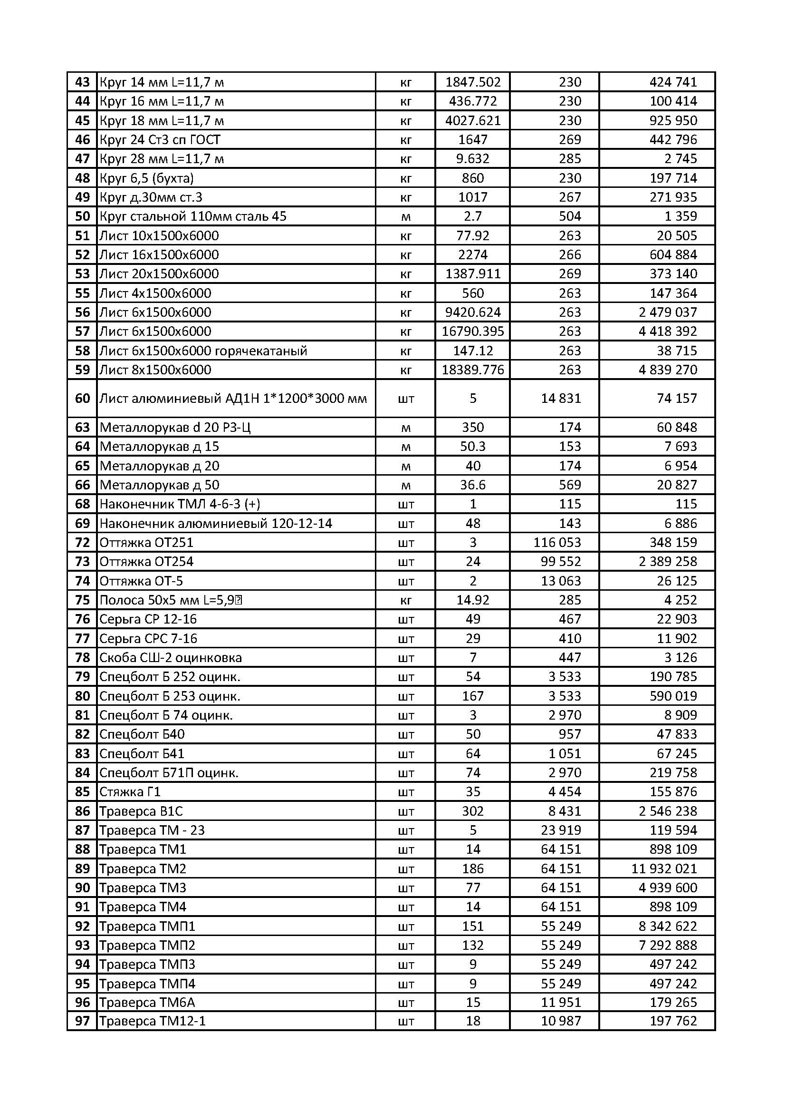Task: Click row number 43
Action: [82, 82]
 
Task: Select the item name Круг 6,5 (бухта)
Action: [147, 178]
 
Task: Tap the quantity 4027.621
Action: [472, 121]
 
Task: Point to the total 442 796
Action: [673, 139]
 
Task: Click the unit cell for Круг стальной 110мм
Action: [405, 216]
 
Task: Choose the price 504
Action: [570, 216]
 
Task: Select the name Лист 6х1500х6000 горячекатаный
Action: [203, 351]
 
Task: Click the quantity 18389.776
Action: [472, 370]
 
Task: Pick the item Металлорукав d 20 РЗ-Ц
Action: [175, 427]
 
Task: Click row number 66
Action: [82, 485]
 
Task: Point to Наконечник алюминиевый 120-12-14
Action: [216, 524]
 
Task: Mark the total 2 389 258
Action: [667, 562]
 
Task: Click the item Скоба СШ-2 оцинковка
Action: [171, 658]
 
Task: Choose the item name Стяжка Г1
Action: [130, 792]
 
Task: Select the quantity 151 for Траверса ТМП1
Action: [472, 926]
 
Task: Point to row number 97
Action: [82, 1021]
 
